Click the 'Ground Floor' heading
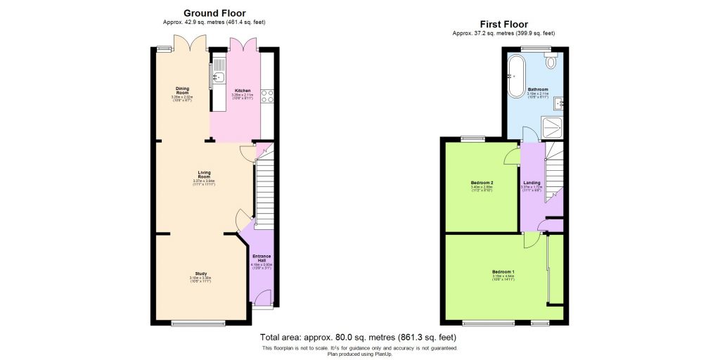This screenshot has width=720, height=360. [214, 13]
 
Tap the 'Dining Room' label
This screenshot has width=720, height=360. [182, 91]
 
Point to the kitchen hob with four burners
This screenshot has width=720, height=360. [267, 96]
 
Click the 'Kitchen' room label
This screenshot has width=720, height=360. [243, 91]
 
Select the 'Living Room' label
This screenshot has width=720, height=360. [204, 174]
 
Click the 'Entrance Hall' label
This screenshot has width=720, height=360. [261, 259]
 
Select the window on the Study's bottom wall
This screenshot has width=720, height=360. [199, 324]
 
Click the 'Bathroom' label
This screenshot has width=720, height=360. [538, 89]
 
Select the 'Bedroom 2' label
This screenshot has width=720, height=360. [482, 183]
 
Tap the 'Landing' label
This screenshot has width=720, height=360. [532, 183]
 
